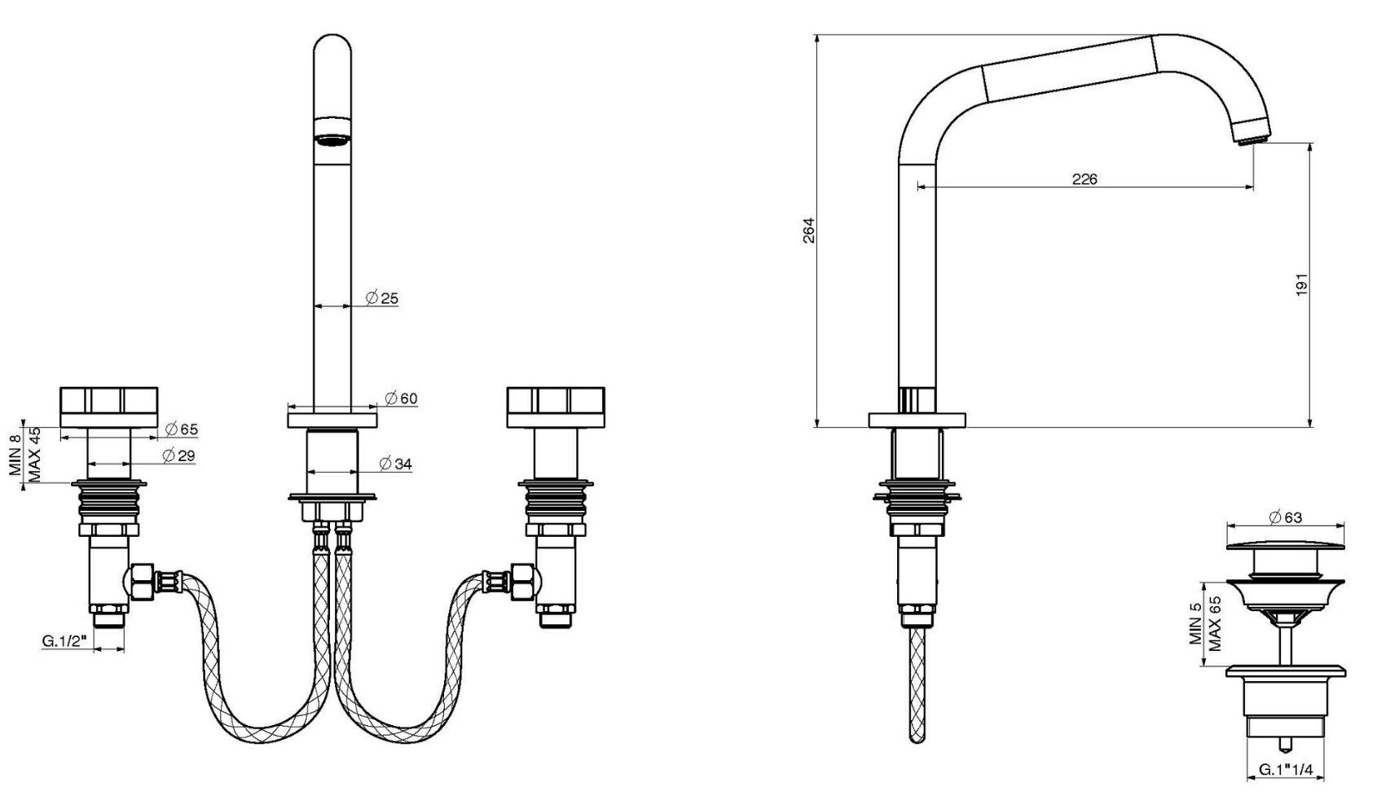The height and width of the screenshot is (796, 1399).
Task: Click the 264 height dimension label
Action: click(x=808, y=231)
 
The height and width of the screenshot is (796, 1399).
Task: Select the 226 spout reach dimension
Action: click(x=1084, y=179)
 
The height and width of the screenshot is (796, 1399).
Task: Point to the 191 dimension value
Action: click(x=1301, y=284)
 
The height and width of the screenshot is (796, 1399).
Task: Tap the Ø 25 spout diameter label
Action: click(x=382, y=298)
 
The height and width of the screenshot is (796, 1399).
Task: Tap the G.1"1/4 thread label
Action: click(x=1285, y=769)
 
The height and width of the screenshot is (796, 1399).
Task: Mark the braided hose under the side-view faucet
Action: click(x=917, y=684)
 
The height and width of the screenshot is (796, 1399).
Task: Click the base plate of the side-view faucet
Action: click(x=917, y=420)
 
